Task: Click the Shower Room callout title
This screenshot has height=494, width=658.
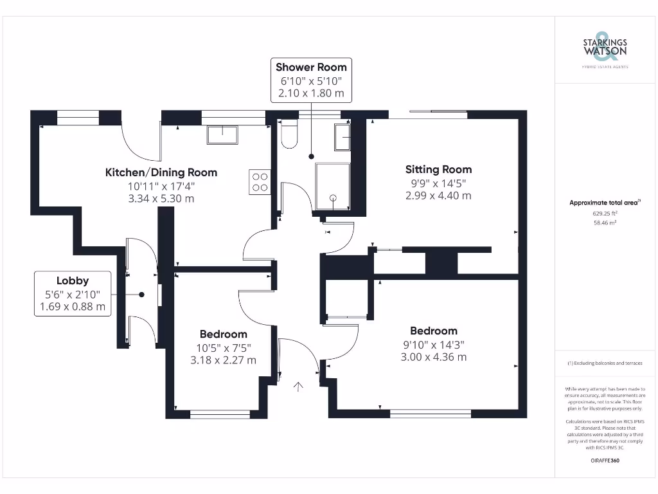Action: click(311, 67)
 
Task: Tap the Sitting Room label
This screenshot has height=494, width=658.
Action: click(438, 170)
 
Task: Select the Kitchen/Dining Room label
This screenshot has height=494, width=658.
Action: click(161, 172)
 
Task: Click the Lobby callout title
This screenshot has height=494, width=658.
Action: click(73, 280)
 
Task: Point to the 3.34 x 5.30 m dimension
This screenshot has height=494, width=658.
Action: click(161, 199)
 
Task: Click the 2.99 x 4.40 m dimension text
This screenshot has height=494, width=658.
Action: click(438, 196)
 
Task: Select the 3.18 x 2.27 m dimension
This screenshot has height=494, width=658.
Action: click(223, 360)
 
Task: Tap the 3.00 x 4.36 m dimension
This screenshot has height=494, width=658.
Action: click(434, 357)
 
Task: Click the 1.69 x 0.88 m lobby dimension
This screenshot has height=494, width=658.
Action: click(73, 307)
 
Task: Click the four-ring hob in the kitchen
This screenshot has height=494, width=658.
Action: click(260, 181)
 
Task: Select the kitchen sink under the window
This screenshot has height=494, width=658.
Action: click(222, 135)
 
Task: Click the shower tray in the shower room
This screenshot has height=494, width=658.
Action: click(333, 187)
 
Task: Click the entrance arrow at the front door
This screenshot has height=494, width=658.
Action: click(298, 386)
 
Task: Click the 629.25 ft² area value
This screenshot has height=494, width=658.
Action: click(604, 213)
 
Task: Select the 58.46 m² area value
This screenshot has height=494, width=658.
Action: click(604, 223)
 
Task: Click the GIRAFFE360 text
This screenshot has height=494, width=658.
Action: click(604, 461)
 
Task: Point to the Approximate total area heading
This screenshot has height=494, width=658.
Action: click(604, 203)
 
